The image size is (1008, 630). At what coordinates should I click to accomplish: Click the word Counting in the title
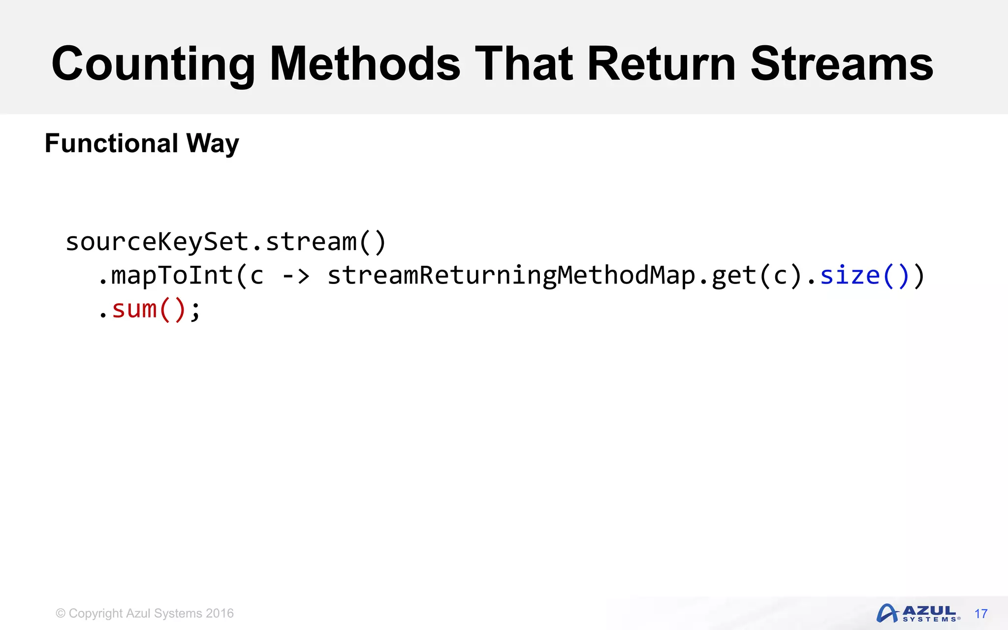(x=153, y=64)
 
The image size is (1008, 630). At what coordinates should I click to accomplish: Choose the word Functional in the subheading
(x=111, y=143)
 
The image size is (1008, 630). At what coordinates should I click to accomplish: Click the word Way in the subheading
(x=213, y=144)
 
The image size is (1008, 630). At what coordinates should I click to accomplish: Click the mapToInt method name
(x=172, y=276)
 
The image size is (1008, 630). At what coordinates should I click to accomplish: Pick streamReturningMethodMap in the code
(x=511, y=276)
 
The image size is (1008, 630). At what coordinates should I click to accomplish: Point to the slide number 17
(x=980, y=614)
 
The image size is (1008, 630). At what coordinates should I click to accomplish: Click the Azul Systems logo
(x=918, y=613)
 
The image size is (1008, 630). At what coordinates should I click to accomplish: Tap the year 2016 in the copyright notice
(x=220, y=613)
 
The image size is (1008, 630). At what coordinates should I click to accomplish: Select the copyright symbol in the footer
(x=61, y=613)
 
